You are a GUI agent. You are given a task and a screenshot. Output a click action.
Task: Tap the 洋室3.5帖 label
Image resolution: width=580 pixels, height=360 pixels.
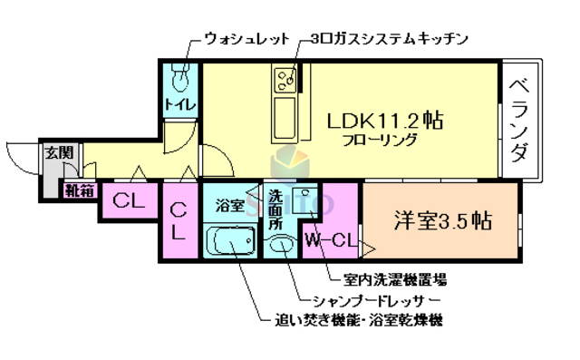[442, 220]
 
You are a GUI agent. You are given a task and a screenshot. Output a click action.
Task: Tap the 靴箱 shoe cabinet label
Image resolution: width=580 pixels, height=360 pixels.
[78, 190]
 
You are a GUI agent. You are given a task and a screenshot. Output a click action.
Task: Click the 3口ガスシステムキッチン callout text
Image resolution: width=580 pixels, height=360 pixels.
[387, 39]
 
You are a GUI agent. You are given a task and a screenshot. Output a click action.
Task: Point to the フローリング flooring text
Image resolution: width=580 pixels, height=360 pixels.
[380, 140]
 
